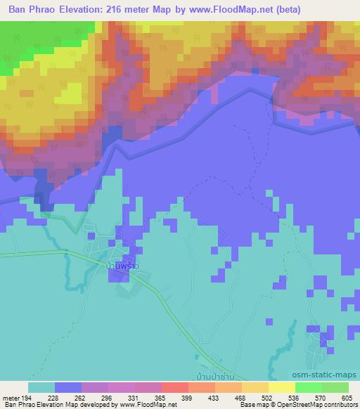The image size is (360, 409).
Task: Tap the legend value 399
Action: (x=188, y=398)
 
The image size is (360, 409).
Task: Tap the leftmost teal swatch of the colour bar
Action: (x=41, y=387)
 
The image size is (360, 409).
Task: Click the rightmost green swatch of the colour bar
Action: (x=335, y=387)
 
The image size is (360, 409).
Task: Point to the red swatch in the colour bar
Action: (x=175, y=387)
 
